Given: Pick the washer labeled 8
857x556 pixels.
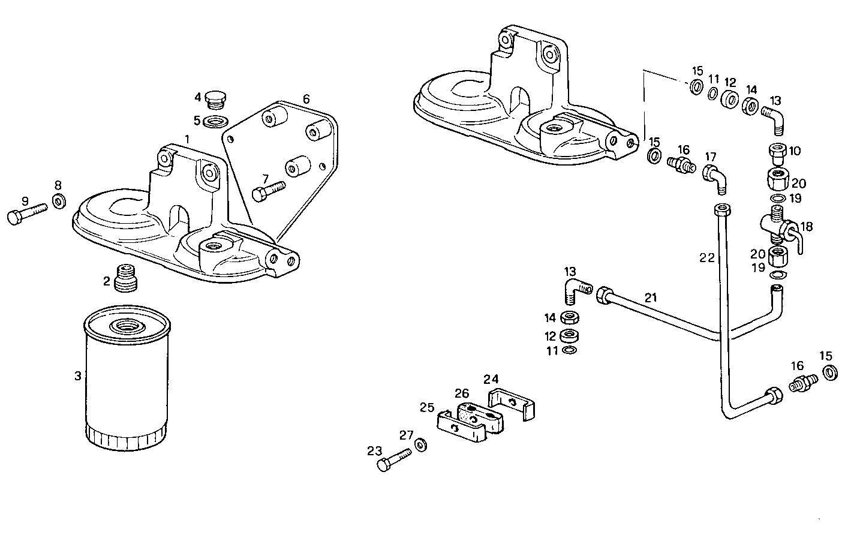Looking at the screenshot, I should (x=59, y=201).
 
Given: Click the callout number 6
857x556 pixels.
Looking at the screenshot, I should (x=306, y=99).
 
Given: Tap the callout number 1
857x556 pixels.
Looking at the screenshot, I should (x=187, y=139).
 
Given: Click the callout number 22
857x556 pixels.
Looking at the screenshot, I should (x=706, y=257).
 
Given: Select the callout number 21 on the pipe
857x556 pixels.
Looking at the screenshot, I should (x=651, y=297).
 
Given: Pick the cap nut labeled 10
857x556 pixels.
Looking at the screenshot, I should (x=777, y=155).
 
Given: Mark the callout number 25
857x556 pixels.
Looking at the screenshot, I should (x=426, y=407).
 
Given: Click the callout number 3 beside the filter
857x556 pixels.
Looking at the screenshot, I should (x=77, y=376).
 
